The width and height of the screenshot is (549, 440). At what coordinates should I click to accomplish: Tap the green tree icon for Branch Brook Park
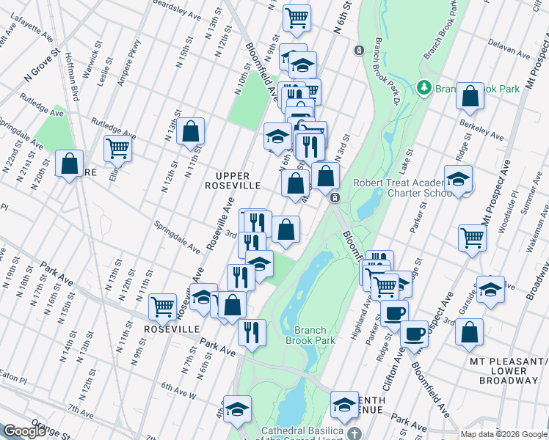[423, 89]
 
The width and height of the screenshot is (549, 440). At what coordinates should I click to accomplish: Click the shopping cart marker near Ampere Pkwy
[117, 148]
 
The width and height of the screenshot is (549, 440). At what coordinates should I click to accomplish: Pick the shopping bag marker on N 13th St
[190, 131]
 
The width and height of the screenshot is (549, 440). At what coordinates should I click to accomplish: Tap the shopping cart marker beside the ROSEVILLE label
[161, 305]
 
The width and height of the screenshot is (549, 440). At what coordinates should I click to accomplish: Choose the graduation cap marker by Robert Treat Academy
[458, 179]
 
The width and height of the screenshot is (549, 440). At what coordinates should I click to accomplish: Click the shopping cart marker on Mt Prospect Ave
[473, 236]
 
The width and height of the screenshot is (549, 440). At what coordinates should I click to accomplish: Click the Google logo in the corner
[23, 431]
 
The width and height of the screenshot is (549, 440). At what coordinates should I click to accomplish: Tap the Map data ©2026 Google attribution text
[503, 434]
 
